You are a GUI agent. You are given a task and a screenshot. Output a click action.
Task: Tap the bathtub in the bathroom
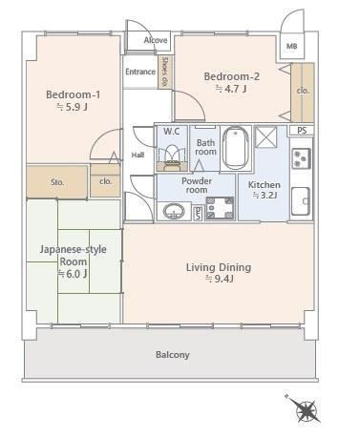pyautogui.click(x=236, y=148)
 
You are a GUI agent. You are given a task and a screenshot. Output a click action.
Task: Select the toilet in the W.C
pyautogui.click(x=172, y=155)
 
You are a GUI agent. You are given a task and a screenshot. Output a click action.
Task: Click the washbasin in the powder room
pyautogui.click(x=174, y=211)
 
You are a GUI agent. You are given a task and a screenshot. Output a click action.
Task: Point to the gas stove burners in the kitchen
pyautogui.click(x=301, y=158)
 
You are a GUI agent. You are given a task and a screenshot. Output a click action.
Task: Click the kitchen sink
pyautogui.click(x=301, y=201)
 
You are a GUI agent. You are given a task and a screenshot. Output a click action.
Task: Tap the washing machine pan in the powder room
pyautogui.click(x=220, y=208)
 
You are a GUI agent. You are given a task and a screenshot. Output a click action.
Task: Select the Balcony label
pyautogui.click(x=173, y=355)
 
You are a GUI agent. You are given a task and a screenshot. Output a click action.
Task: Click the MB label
pyautogui.click(x=292, y=46)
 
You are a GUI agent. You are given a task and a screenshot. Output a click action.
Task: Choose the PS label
pyautogui.click(x=302, y=131)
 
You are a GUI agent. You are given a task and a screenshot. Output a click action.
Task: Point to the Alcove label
pyautogui.click(x=156, y=40)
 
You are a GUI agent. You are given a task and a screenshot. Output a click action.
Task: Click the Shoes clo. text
pyautogui.click(x=165, y=72)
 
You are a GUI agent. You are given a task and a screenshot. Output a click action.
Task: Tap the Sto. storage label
pyautogui.click(x=57, y=182)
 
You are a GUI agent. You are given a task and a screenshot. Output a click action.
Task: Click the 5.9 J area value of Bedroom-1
pyautogui.click(x=72, y=107)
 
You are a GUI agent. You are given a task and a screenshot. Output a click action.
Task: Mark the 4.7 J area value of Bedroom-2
pyautogui.click(x=231, y=89)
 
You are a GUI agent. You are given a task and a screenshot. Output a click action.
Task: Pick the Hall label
pyautogui.click(x=138, y=156)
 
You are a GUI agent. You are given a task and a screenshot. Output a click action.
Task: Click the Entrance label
pyautogui.click(x=140, y=72)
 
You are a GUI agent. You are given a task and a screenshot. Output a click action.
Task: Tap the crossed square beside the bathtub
pyautogui.click(x=266, y=137)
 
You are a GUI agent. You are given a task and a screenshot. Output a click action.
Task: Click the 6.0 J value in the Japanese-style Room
pyautogui.click(x=73, y=274)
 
